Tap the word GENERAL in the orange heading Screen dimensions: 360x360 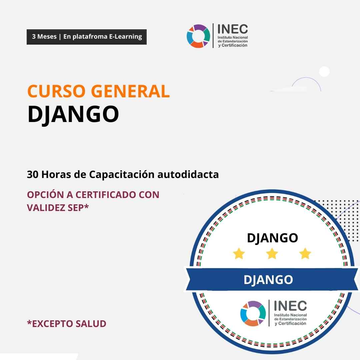[130, 91]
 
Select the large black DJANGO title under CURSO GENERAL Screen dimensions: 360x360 [73, 114]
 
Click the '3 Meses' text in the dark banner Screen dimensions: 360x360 [44, 37]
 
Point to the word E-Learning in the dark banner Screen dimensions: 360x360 [125, 37]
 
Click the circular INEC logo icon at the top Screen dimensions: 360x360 [198, 36]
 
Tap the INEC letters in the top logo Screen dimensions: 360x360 [232, 29]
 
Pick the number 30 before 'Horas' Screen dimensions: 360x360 [33, 174]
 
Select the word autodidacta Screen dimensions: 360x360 [188, 174]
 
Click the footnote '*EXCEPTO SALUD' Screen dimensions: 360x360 [67, 324]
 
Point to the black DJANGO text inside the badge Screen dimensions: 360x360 [272, 238]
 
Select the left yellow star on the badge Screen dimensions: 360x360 [239, 253]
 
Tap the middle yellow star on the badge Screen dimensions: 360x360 [272, 253]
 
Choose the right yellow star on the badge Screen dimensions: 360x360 [305, 253]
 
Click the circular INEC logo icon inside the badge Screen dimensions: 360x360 [253, 313]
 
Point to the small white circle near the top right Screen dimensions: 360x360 [324, 71]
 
